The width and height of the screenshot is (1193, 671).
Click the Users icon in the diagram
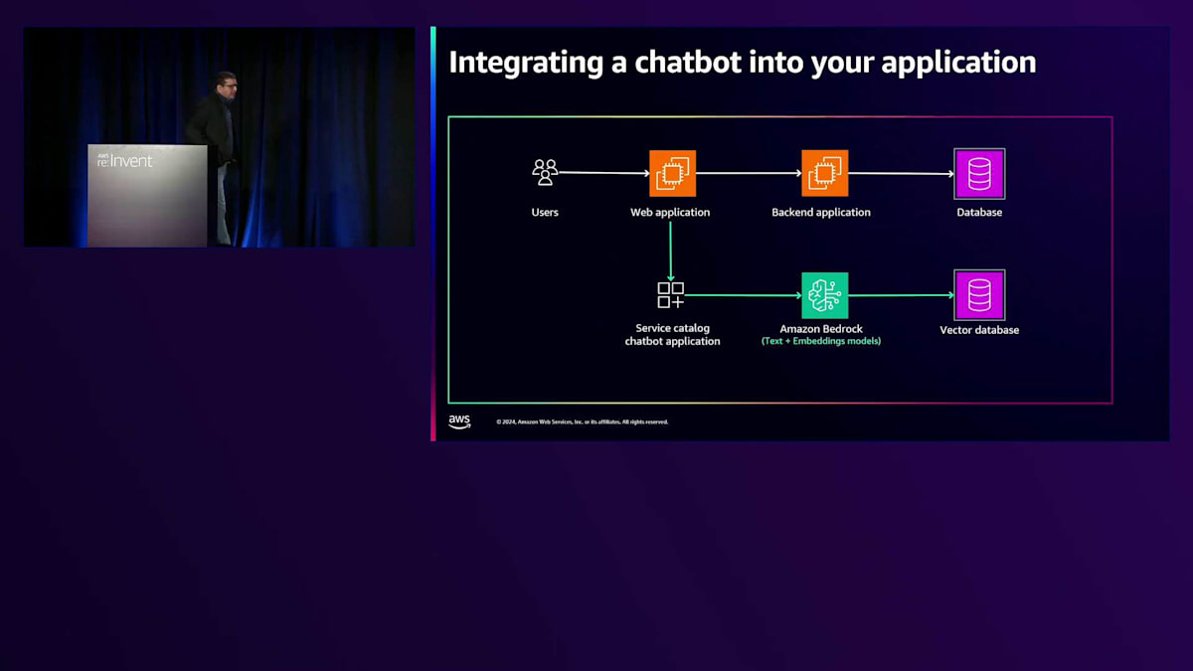[x=545, y=173]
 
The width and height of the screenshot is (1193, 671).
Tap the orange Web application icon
[x=672, y=173]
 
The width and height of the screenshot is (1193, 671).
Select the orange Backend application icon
[x=824, y=173]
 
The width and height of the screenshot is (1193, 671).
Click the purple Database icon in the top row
[x=979, y=174]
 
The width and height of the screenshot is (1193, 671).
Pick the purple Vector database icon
[x=979, y=295]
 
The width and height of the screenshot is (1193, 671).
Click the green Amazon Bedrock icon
[x=824, y=295]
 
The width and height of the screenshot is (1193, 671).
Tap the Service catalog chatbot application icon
[x=671, y=295]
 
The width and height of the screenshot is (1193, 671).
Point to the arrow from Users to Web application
[x=603, y=173]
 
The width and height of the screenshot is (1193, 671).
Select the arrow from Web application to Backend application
[x=749, y=173]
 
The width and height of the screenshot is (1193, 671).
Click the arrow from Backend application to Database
[x=901, y=173]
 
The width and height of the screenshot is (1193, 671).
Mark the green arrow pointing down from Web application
[x=671, y=251]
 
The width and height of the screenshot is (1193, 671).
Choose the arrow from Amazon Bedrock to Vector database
[x=901, y=295]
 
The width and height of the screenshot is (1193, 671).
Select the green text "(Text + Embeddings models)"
[x=821, y=341]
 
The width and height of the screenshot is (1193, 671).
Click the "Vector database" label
[x=979, y=330]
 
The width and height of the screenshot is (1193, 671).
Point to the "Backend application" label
[x=821, y=213]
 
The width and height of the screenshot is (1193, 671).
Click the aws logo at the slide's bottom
[x=459, y=421]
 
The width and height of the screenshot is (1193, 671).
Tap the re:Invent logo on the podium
[x=125, y=160]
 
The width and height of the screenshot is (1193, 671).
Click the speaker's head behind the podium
[x=226, y=84]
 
